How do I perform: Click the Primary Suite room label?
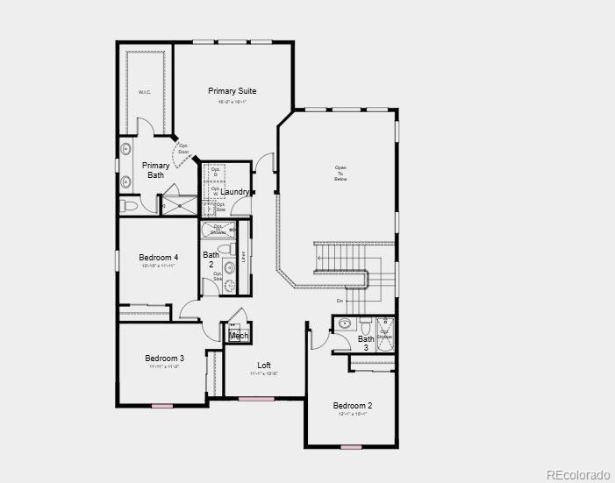(232, 90)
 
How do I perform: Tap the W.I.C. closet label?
(145, 92)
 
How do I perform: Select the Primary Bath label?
(156, 170)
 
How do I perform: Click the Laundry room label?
(235, 192)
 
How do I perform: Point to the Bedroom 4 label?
(159, 257)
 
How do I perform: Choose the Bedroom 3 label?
(164, 358)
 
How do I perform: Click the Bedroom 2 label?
(352, 405)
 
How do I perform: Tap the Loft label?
(264, 366)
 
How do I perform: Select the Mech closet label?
(239, 336)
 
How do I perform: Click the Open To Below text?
(340, 173)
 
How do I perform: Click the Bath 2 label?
(211, 259)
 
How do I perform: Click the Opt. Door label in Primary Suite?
(183, 148)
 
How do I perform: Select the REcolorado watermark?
(576, 474)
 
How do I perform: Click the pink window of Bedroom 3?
(161, 406)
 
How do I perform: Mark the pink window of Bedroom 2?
(351, 447)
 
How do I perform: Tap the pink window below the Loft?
(256, 400)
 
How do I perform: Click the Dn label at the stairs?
(340, 301)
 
